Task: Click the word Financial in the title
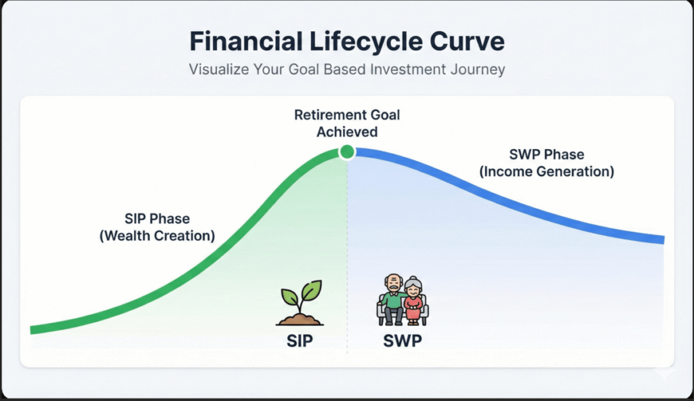pyautogui.click(x=245, y=41)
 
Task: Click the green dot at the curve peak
pyautogui.click(x=347, y=152)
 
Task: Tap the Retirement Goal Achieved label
pyautogui.click(x=347, y=123)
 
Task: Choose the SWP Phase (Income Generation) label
pyautogui.click(x=546, y=163)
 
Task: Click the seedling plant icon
pyautogui.click(x=299, y=303)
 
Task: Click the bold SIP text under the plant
pyautogui.click(x=299, y=340)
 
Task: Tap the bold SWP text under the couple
pyautogui.click(x=403, y=340)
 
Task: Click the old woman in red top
pyautogui.click(x=413, y=302)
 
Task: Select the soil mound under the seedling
pyautogui.click(x=299, y=318)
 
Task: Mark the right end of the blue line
pyautogui.click(x=662, y=239)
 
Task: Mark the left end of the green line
pyautogui.click(x=33, y=330)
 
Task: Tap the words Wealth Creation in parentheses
pyautogui.click(x=161, y=236)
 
